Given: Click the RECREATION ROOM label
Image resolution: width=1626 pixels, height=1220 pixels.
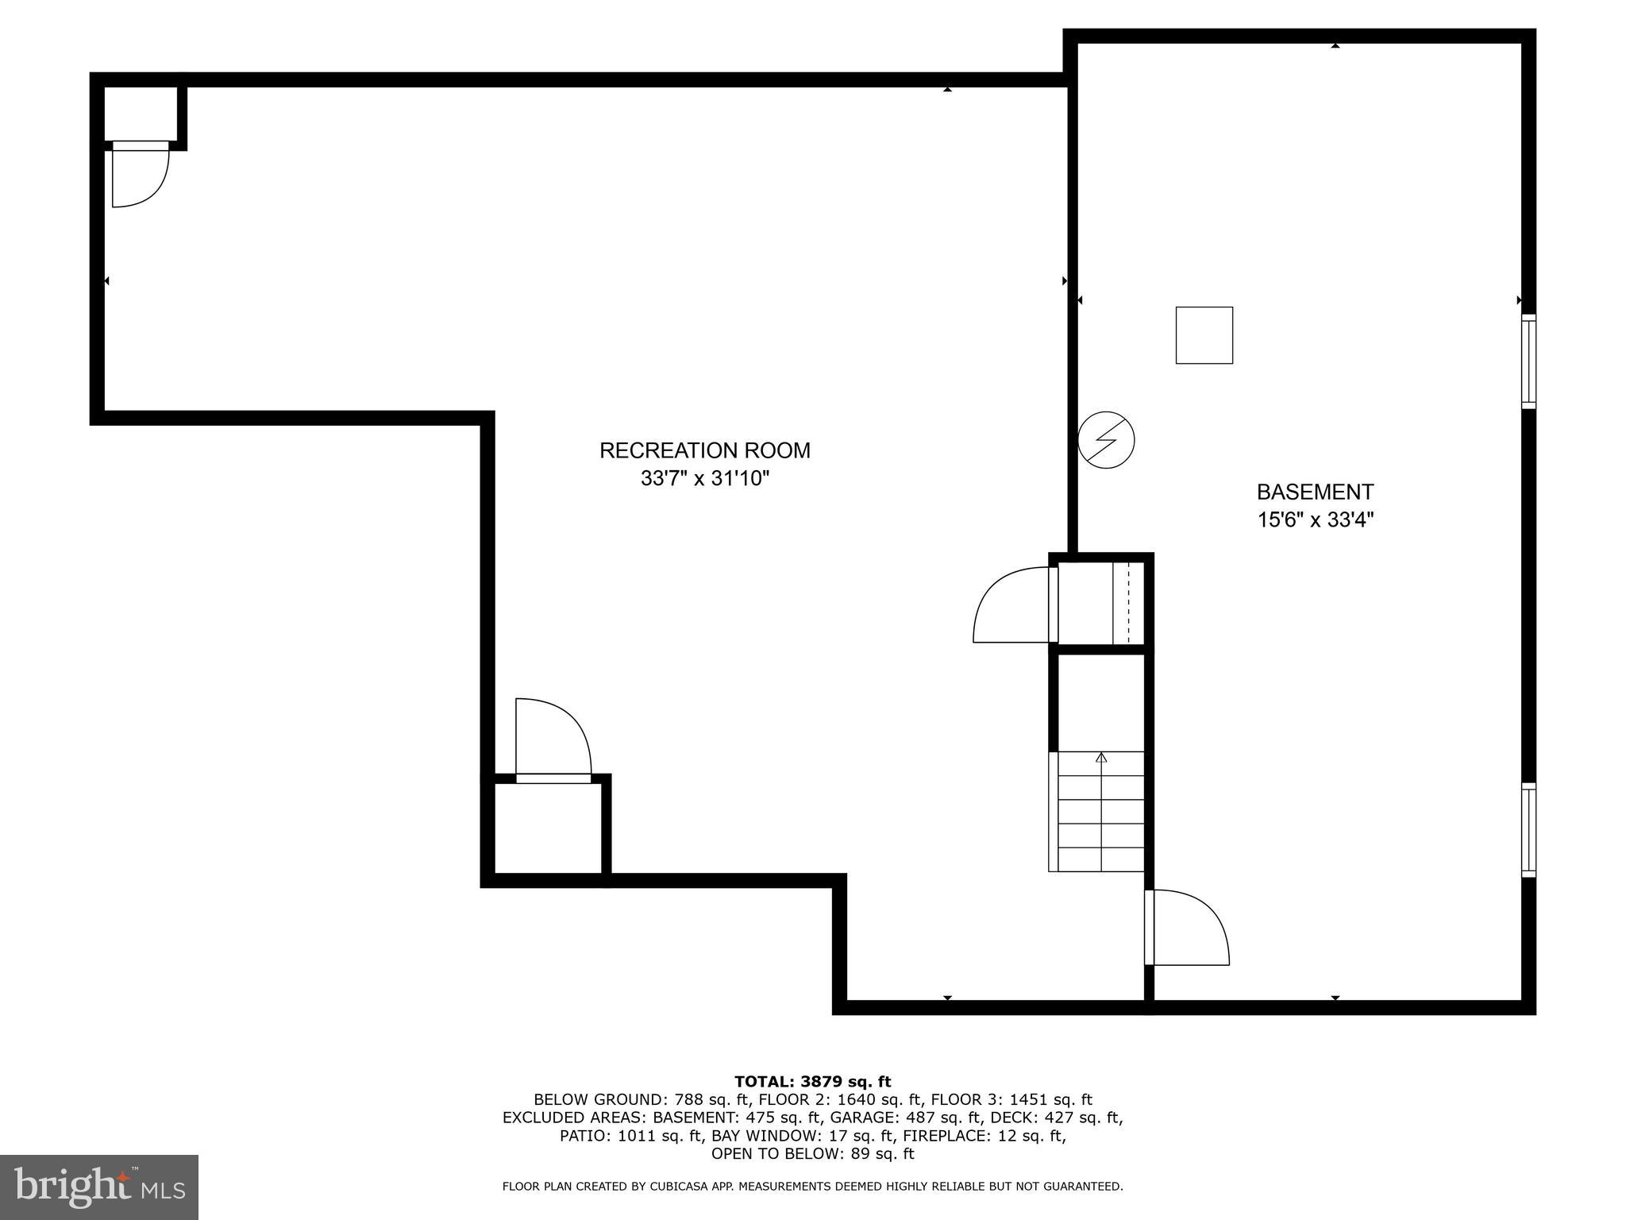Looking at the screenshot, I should (704, 450).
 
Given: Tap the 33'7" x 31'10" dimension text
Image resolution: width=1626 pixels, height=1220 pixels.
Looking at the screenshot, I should (705, 479).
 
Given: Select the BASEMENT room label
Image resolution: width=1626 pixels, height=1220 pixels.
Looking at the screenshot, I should (1315, 492).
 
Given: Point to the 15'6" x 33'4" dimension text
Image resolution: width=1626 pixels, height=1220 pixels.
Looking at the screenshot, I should (1315, 520).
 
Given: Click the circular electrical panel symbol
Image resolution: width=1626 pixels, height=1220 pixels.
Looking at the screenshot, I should (1106, 440).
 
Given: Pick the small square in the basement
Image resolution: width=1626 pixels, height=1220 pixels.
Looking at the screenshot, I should (1204, 335).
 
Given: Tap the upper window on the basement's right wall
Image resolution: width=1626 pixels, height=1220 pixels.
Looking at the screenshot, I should (1528, 361).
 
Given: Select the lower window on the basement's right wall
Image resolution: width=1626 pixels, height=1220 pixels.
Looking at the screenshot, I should (1528, 830).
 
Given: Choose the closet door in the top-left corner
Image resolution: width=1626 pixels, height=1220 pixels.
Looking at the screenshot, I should (139, 175).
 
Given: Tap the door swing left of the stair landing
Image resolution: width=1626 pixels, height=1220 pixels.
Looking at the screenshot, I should (1013, 605).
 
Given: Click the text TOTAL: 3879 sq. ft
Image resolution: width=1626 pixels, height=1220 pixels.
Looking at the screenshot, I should (812, 1082).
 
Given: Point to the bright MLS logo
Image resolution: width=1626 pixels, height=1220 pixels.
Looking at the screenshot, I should (99, 1187).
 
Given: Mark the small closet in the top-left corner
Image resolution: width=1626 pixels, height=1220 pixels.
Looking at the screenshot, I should (141, 114).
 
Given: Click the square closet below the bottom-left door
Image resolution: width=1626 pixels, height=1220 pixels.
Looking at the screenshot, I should (548, 828).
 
